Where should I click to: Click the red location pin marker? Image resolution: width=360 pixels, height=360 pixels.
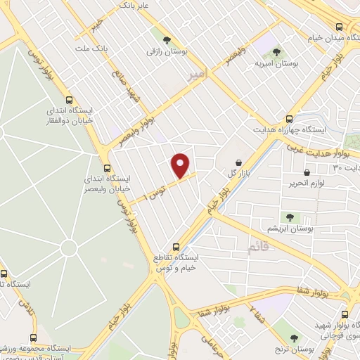pyautogui.click(x=181, y=165)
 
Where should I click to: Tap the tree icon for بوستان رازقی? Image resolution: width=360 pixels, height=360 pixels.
pyautogui.click(x=167, y=40)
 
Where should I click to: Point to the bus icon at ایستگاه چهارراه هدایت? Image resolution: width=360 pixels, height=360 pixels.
pyautogui.click(x=289, y=119)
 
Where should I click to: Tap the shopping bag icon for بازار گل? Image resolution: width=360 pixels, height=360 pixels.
pyautogui.click(x=238, y=162)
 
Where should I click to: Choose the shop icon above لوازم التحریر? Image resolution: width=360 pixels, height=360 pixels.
pyautogui.click(x=307, y=172)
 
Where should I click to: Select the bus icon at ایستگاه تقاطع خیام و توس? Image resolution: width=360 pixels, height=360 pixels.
pyautogui.click(x=176, y=247)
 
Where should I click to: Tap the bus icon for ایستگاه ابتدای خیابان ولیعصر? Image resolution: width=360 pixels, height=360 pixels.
pyautogui.click(x=107, y=167)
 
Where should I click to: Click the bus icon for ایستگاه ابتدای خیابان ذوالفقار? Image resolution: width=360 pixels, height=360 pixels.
pyautogui.click(x=69, y=101)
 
